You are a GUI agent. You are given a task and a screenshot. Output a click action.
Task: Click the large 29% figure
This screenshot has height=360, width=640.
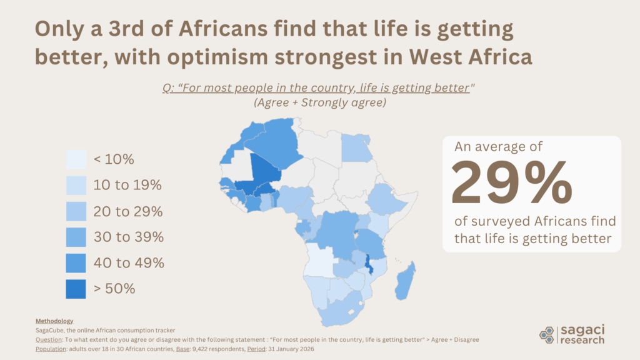(511, 182)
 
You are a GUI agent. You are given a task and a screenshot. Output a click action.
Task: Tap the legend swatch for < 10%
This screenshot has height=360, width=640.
(76, 159)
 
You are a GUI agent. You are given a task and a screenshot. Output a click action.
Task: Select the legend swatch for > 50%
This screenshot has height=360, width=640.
(76, 289)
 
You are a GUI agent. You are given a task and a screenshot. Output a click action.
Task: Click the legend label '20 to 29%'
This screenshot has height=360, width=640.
(128, 211)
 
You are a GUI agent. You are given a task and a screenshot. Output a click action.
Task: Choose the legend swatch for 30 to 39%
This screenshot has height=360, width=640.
(76, 237)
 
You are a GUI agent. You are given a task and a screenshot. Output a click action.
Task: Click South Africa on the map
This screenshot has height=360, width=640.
(338, 310)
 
